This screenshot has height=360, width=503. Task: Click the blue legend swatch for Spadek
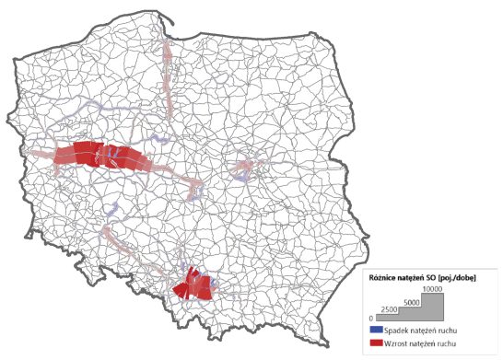[x=375, y=329]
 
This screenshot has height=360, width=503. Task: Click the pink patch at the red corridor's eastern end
[x=194, y=190]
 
